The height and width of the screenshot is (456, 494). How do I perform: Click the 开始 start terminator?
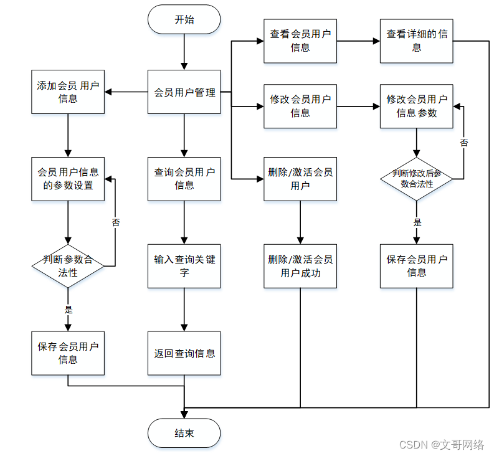click(x=184, y=19)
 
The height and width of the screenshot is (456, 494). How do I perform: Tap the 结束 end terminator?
click(x=184, y=433)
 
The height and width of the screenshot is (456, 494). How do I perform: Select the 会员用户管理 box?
click(x=184, y=92)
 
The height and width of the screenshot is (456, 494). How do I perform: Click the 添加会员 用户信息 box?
click(x=68, y=92)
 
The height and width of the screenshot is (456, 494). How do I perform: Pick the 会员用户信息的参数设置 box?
click(x=68, y=179)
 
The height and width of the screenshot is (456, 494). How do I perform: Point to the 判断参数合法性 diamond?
click(x=68, y=266)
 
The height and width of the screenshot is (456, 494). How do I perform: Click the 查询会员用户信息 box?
click(x=184, y=179)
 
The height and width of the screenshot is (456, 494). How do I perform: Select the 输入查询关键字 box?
click(x=184, y=266)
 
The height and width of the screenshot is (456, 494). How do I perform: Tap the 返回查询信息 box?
click(x=184, y=353)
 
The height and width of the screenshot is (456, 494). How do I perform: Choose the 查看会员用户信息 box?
click(x=300, y=41)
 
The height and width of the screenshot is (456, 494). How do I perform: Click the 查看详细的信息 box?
click(x=416, y=41)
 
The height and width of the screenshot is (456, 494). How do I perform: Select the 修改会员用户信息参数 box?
click(x=416, y=107)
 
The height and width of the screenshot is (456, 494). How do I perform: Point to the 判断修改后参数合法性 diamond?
click(x=416, y=179)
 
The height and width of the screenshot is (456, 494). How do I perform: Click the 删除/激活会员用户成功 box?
click(x=300, y=266)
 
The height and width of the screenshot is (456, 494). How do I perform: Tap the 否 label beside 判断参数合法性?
click(x=116, y=222)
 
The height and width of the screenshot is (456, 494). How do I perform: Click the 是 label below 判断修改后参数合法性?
click(x=417, y=222)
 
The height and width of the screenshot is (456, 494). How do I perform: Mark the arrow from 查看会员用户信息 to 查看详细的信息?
click(x=358, y=42)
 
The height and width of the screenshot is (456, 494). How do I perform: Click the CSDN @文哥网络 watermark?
click(x=441, y=444)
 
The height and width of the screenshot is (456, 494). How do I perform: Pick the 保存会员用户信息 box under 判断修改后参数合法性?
click(x=416, y=266)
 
